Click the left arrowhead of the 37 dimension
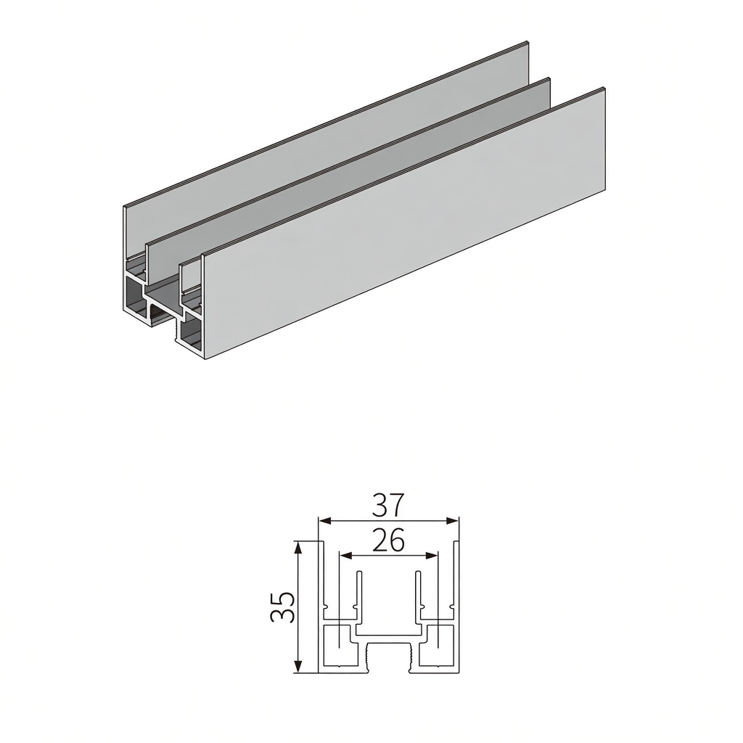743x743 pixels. point(324,521)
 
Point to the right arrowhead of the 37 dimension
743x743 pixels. point(453,521)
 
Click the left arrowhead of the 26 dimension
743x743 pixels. point(345,555)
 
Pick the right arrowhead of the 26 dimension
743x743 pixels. point(432,555)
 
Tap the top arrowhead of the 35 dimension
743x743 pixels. point(298,548)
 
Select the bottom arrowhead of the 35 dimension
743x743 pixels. point(298,665)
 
